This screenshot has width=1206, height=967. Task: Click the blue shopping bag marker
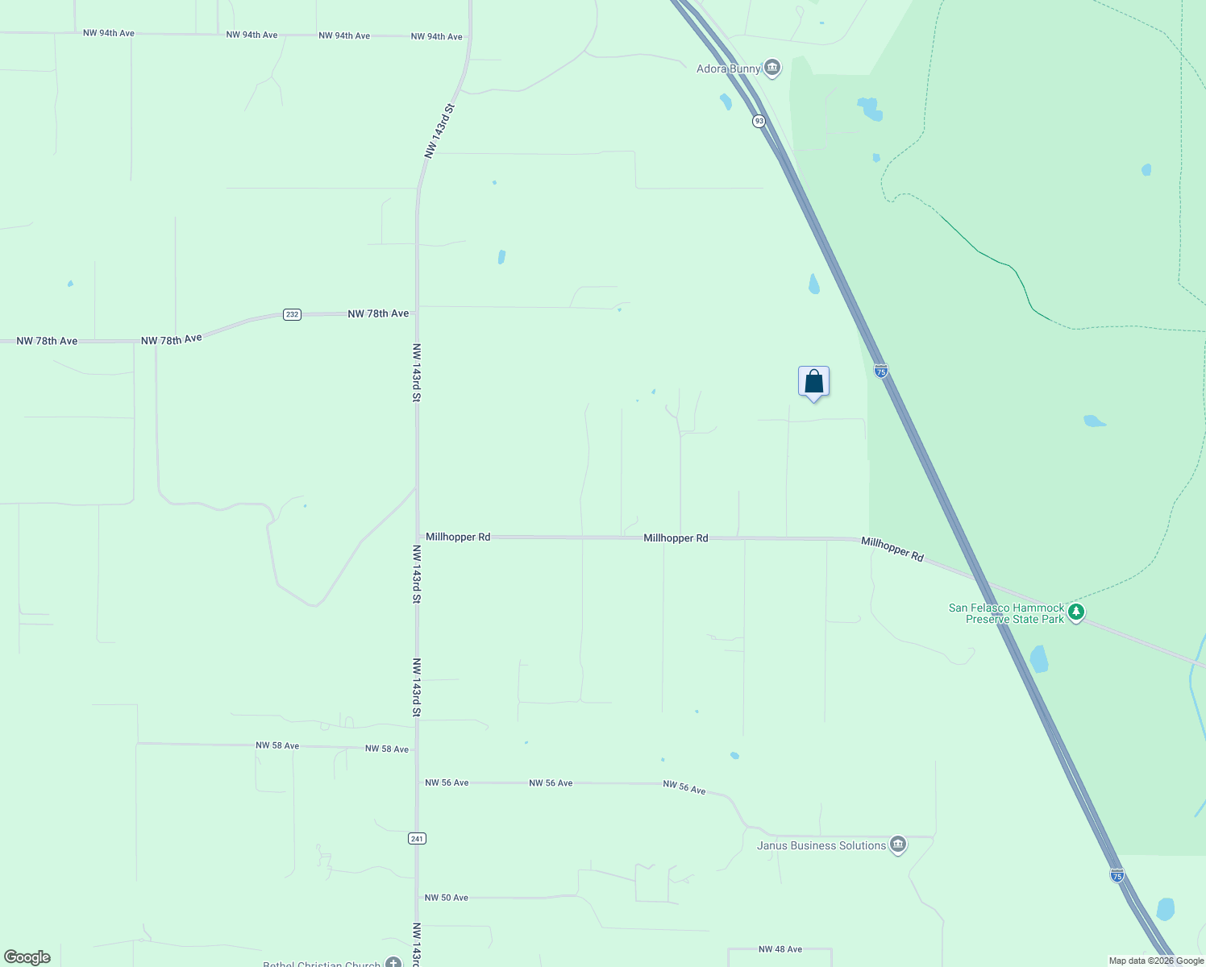coord(813,381)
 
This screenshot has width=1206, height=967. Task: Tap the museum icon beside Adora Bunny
coord(772,68)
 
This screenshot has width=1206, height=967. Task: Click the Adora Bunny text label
coord(728,69)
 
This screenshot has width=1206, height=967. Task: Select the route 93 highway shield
coord(759,121)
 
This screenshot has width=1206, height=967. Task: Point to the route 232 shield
coord(292,314)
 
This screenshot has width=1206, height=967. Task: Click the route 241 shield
coord(417,839)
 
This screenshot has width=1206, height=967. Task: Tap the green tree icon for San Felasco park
coord(1076,613)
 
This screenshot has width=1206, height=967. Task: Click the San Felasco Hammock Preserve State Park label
coord(1007,613)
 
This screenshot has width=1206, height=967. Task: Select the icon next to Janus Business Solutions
coord(898,845)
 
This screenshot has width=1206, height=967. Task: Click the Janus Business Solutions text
coord(821,845)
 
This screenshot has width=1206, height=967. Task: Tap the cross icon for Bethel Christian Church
coord(393,962)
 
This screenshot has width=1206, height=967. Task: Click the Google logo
coord(27,957)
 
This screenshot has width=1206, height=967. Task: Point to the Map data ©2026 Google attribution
coord(1156,961)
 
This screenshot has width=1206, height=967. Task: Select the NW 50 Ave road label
coord(446,898)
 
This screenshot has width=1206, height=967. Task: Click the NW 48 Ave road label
coord(780,949)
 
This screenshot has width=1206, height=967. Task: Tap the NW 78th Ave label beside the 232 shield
coord(378,313)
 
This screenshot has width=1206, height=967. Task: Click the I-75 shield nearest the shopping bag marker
coord(881,371)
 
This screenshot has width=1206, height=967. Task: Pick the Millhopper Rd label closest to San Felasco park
coord(892,549)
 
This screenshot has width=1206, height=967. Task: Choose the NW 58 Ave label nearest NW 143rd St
coord(387,749)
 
